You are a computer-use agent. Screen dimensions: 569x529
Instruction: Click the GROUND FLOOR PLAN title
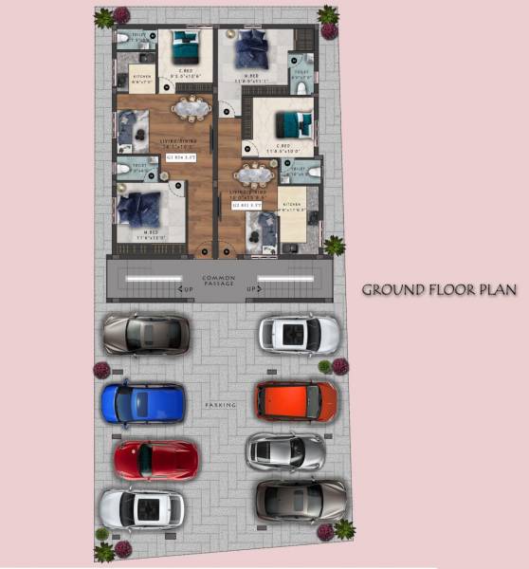439,290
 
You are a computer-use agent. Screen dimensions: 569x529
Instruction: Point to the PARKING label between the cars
220,405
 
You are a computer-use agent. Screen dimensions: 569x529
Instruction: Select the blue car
143,402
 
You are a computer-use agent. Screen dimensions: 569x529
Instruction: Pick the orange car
296,401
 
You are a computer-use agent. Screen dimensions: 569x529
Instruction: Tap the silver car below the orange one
285,450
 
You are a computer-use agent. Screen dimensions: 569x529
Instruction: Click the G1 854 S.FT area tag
180,158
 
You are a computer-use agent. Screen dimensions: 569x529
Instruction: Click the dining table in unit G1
192,110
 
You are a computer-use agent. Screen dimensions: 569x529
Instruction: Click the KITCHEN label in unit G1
142,80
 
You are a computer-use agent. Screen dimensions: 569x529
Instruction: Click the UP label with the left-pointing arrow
188,289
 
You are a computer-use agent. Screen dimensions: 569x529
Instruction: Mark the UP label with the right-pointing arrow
252,289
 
